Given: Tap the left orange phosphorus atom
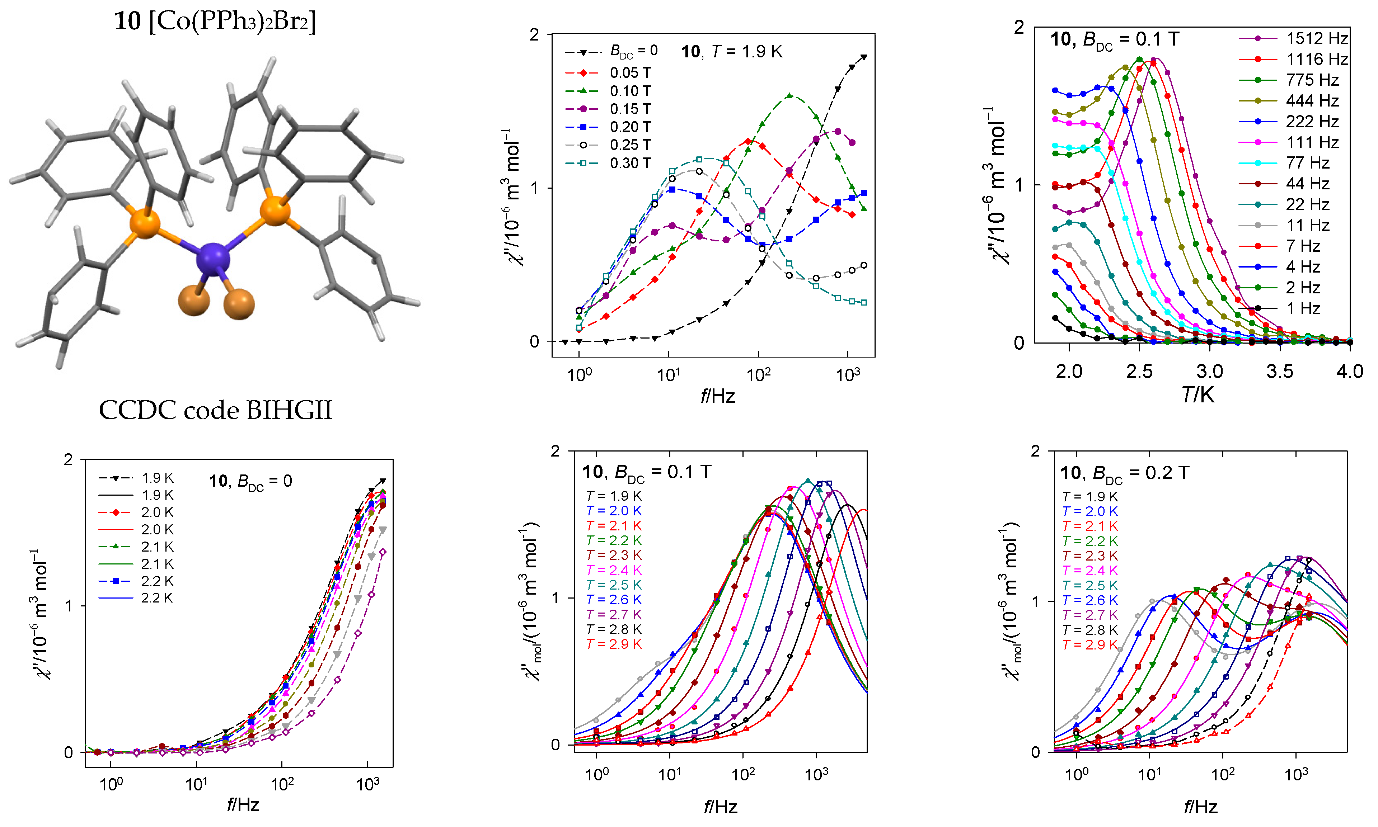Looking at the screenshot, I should tap(145, 223).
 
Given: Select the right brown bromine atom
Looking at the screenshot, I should tap(239, 304).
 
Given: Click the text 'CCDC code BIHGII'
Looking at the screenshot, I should tap(215, 411).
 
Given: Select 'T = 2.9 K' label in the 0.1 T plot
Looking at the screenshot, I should tap(614, 644).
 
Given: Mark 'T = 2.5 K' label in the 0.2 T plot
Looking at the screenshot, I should tap(1090, 586).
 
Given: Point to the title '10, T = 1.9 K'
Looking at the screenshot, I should tap(731, 52).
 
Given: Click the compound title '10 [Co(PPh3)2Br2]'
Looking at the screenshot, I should tap(215, 21).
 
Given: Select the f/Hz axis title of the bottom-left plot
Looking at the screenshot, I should tap(243, 804).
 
